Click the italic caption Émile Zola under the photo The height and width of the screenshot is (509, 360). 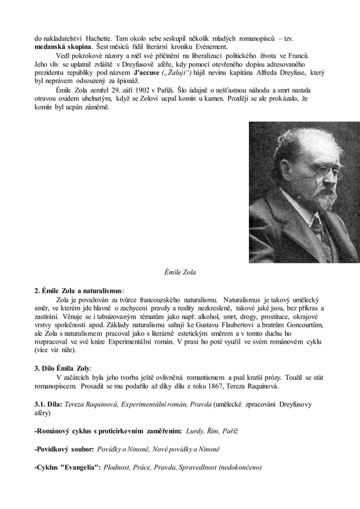[x=179, y=274]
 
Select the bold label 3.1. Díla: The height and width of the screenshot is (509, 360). [x=49, y=404]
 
